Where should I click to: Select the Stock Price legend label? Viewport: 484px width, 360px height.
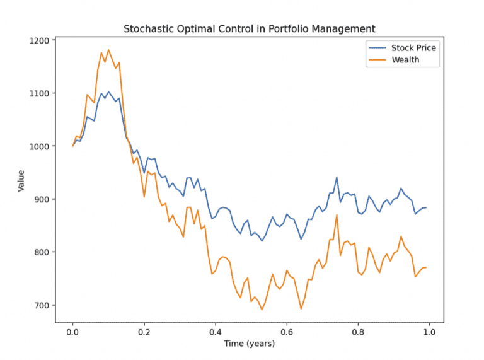(x=413, y=48)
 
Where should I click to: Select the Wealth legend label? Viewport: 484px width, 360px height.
(x=405, y=60)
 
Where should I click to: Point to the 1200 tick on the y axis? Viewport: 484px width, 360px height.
(x=40, y=40)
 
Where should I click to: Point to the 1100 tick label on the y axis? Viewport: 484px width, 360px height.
(x=40, y=93)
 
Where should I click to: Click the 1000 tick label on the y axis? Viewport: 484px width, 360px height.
(x=40, y=146)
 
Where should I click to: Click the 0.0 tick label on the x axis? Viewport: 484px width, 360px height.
(x=72, y=331)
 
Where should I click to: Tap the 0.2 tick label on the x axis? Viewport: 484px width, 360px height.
(x=144, y=331)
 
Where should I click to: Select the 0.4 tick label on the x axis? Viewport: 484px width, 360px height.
(x=216, y=331)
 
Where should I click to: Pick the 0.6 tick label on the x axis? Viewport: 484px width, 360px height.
(x=287, y=331)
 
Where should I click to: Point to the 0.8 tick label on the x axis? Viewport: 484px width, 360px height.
(x=358, y=331)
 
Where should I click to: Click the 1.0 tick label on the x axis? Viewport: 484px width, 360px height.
(x=429, y=331)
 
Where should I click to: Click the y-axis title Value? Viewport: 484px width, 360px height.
(x=21, y=180)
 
